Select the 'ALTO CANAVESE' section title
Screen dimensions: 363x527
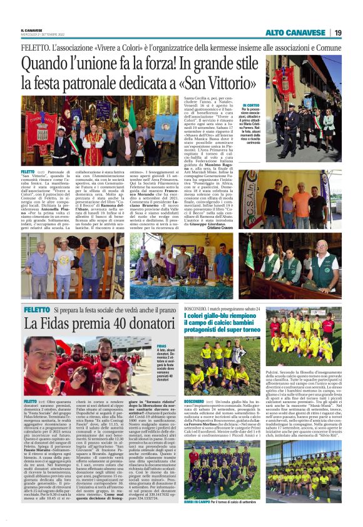tap(296, 33)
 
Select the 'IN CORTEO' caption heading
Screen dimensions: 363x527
tap(250, 106)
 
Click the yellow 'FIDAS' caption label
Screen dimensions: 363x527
tap(161, 345)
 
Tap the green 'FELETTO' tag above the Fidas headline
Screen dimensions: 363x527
tap(36, 310)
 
